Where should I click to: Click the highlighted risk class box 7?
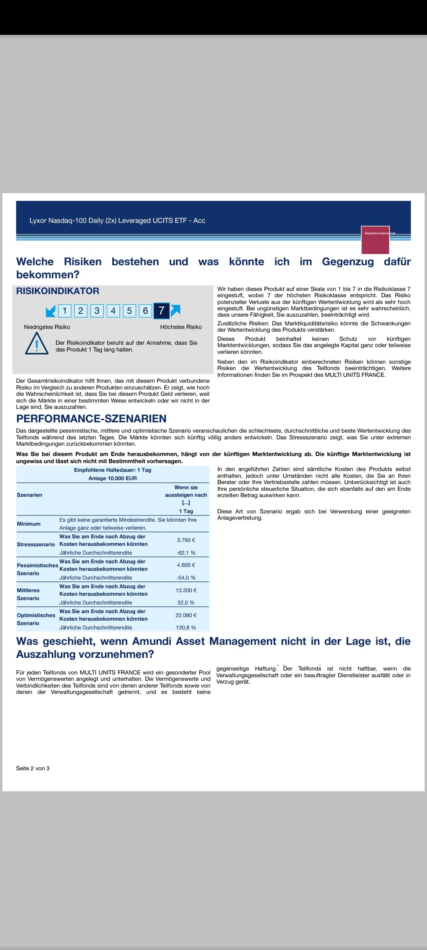point(161,311)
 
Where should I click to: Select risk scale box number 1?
point(65,311)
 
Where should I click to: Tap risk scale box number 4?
point(113,311)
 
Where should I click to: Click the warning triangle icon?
point(37,344)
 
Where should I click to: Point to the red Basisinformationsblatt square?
point(375,240)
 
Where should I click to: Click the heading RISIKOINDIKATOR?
point(58,291)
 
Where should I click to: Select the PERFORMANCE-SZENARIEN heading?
point(91,418)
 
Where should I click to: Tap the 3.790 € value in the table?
point(186,540)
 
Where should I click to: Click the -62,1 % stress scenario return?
point(186,553)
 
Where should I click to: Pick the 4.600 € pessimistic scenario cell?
point(186,565)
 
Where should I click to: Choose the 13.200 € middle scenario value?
point(186,590)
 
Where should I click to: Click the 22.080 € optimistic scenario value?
point(186,615)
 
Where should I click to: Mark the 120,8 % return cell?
point(186,627)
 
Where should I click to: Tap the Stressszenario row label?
point(36,544)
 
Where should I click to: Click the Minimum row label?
point(29,524)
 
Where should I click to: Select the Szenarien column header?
point(30,495)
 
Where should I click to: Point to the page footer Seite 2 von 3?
point(33,768)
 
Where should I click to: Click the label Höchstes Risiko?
point(181,327)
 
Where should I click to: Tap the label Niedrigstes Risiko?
point(47,327)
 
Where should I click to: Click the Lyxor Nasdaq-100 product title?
point(117,220)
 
